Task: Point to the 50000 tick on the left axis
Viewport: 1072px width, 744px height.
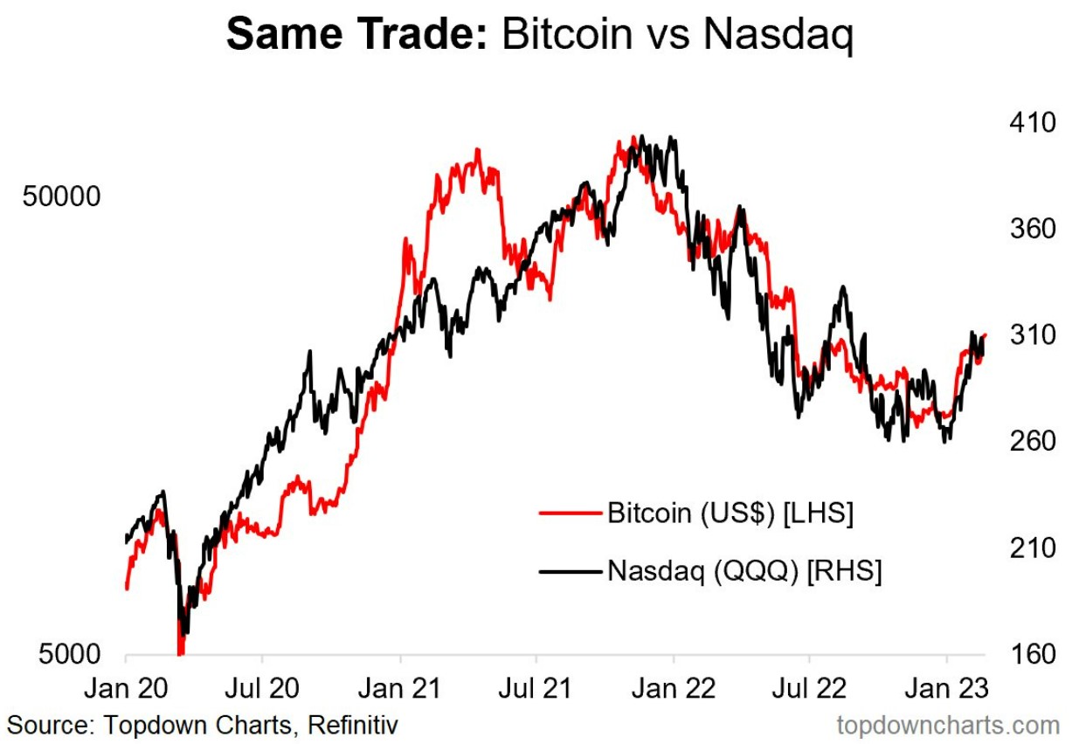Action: tap(61, 196)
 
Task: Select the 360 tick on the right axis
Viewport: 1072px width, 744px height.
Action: tap(1027, 229)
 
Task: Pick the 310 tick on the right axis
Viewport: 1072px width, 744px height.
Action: tap(1027, 335)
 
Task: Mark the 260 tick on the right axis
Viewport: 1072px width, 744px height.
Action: tap(1027, 441)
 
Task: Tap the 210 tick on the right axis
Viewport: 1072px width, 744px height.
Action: tap(1027, 548)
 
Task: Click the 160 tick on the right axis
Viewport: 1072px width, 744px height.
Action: tap(1027, 654)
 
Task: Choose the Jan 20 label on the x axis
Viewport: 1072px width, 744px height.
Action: tap(126, 688)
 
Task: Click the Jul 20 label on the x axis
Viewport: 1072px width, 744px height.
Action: tap(263, 688)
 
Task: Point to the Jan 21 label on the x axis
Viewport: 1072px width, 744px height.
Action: tap(400, 688)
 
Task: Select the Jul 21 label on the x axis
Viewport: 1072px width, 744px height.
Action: tap(536, 688)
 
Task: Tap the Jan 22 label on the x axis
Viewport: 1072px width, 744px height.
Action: tap(673, 688)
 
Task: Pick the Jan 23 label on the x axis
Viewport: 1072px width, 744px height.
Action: tap(947, 688)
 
